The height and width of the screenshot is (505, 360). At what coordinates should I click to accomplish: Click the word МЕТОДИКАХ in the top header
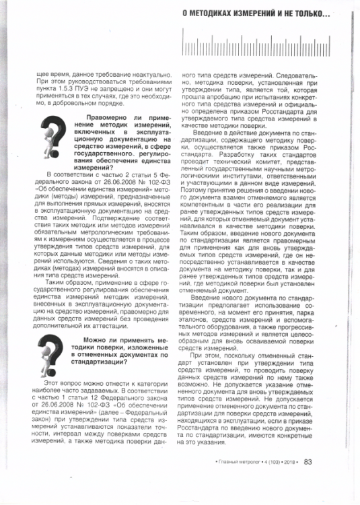(x=229, y=13)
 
